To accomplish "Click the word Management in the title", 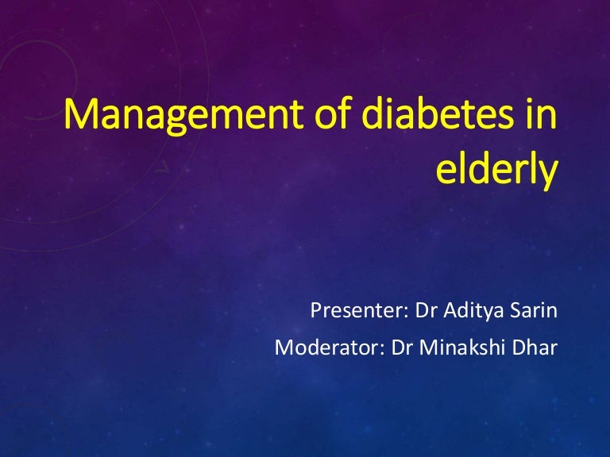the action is [x=183, y=116].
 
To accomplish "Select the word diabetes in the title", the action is [x=438, y=112].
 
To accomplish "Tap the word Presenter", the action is [x=357, y=310].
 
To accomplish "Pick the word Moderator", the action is [x=326, y=348].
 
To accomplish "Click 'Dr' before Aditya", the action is [x=426, y=310].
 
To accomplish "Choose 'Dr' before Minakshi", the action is [x=401, y=348].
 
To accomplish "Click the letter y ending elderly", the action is [x=549, y=174].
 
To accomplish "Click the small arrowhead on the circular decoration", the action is [x=162, y=167].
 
